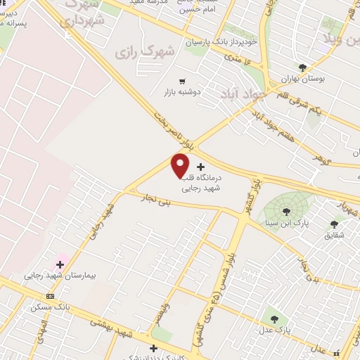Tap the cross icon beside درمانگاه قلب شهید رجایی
(202, 167)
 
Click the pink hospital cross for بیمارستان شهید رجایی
(60, 265)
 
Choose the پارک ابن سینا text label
(287, 222)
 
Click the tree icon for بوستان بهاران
(302, 67)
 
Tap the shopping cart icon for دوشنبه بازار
(183, 81)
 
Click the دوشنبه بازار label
(183, 92)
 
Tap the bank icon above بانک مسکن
(49, 296)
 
